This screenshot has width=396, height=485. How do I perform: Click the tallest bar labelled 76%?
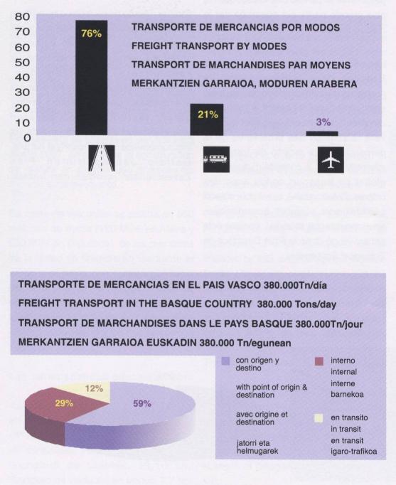pyautogui.click(x=91, y=78)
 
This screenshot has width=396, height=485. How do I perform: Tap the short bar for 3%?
pyautogui.click(x=322, y=133)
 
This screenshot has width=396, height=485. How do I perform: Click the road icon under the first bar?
pyautogui.click(x=101, y=159)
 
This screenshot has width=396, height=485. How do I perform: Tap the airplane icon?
pyautogui.click(x=331, y=160)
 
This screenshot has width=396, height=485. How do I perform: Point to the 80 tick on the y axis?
pyautogui.click(x=21, y=16)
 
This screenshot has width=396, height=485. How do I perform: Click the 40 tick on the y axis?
pyautogui.click(x=21, y=77)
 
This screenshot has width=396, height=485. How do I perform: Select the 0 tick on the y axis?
pyautogui.click(x=25, y=137)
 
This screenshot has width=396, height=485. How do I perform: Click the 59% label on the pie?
pyautogui.click(x=142, y=403)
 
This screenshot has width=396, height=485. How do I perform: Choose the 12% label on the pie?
pyautogui.click(x=95, y=388)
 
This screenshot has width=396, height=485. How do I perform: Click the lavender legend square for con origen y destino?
pyautogui.click(x=225, y=362)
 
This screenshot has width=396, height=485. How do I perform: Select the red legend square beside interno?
pyautogui.click(x=319, y=362)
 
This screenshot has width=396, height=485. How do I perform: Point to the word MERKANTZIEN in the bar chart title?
pyautogui.click(x=168, y=83)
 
